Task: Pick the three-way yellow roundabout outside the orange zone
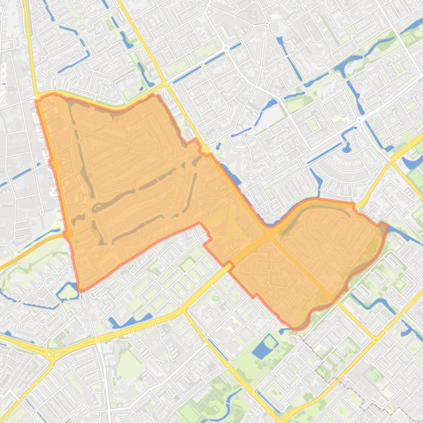point(49,355)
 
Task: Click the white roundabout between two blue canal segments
point(226,48)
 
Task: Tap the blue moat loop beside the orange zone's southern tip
point(68,291)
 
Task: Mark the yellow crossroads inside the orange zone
point(269,233)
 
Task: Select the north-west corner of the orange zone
point(37,99)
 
